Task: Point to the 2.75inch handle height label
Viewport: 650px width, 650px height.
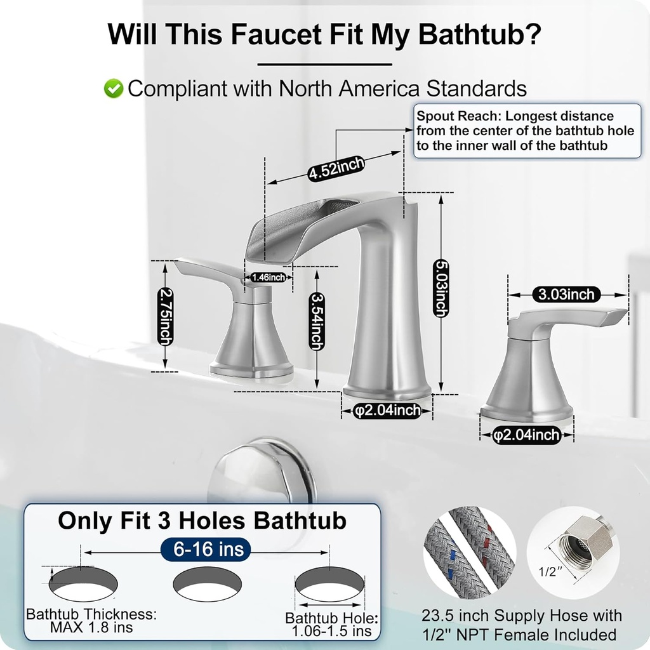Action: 165,316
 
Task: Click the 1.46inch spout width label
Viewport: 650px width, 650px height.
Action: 269,277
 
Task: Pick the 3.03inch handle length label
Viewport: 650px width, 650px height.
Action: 567,294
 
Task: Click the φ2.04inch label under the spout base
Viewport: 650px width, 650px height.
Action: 387,411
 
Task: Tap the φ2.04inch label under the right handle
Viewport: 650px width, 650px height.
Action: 527,435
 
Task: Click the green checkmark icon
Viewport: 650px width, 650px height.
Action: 114,89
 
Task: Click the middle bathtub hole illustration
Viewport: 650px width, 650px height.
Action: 207,583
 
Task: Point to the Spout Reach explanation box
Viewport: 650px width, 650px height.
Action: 526,131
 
